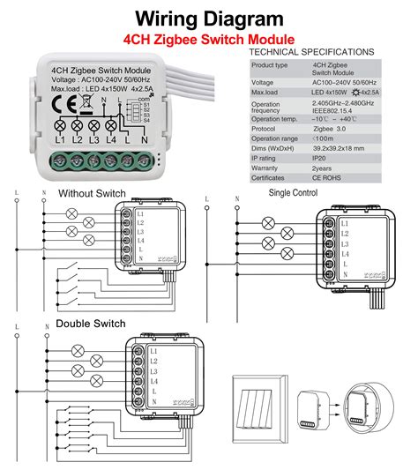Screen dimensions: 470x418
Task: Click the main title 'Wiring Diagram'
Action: (x=209, y=17)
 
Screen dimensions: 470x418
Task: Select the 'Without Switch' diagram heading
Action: (x=92, y=193)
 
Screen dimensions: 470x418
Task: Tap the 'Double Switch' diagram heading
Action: (x=91, y=324)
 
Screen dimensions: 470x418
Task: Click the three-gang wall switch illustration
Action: (x=259, y=403)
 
